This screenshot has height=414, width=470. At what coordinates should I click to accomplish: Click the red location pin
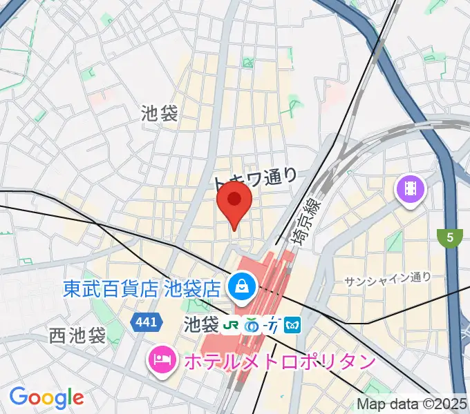(234, 201)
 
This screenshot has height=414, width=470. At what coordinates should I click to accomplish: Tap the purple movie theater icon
(411, 187)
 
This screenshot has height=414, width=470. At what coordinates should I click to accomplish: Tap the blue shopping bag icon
(242, 284)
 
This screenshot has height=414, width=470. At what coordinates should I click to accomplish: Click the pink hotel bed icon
(160, 360)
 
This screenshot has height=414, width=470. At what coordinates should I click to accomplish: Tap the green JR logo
(234, 323)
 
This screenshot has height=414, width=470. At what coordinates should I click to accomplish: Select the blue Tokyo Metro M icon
(292, 323)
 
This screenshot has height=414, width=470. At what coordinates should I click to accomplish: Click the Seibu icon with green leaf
(254, 323)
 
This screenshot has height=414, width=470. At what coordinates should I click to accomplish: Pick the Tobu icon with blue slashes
(273, 323)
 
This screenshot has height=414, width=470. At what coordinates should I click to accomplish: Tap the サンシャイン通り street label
(388, 278)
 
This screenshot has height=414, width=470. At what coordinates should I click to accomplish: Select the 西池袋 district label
(77, 336)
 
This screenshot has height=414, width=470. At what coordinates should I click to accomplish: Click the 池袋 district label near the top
(160, 112)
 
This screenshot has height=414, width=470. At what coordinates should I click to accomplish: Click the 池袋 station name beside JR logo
(202, 323)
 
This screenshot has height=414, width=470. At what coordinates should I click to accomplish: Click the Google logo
(46, 397)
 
